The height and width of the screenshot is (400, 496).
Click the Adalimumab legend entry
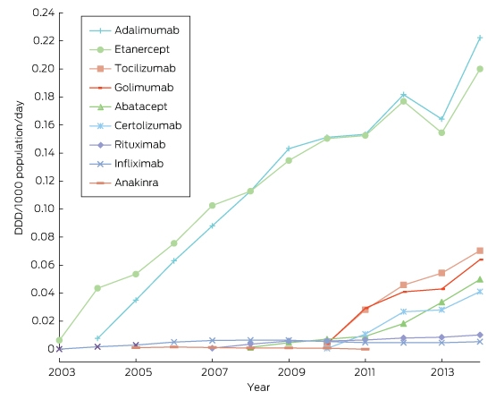tap(134, 30)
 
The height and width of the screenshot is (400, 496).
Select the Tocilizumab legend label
tap(145, 68)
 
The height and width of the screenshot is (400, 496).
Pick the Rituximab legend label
tap(139, 145)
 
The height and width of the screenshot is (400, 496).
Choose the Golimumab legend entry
tap(131, 88)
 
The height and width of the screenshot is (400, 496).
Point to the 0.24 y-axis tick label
tap(43, 13)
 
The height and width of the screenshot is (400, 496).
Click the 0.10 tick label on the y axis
tap(43, 209)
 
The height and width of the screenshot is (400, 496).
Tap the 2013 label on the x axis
tap(441, 372)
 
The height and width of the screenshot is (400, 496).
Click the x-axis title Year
tap(259, 387)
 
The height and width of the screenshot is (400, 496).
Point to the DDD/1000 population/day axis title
tap(19, 168)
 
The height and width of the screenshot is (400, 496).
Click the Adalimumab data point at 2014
tap(480, 38)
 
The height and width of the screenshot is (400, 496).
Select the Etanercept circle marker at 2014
tap(480, 69)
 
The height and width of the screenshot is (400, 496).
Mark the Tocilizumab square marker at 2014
tap(480, 251)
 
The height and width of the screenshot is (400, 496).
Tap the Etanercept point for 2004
tap(97, 288)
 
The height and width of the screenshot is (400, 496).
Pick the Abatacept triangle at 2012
tap(403, 323)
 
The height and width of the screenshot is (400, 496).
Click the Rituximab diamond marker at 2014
tap(480, 335)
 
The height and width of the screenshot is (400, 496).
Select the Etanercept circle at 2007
tap(213, 206)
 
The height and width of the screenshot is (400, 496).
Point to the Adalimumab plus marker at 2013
tap(441, 119)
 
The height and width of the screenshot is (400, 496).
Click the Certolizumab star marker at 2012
tap(403, 312)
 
